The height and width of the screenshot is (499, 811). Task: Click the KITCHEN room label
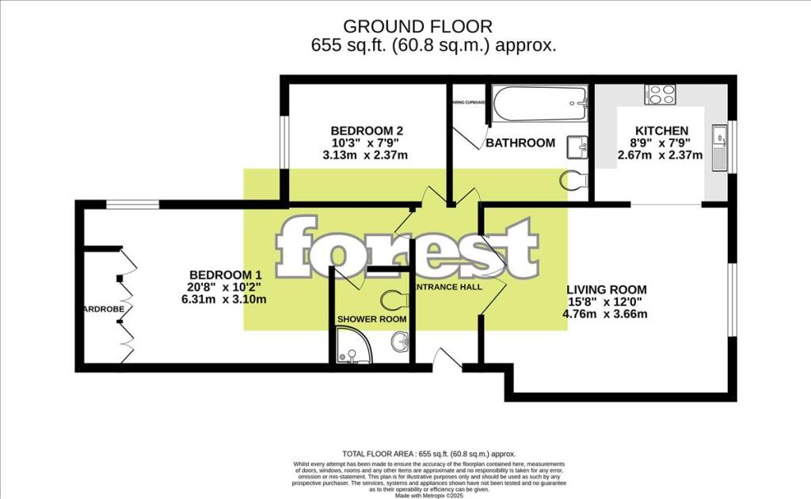coord(661,131)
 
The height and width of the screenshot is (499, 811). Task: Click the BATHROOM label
coord(520,143)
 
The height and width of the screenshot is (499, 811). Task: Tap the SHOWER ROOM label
coord(371,319)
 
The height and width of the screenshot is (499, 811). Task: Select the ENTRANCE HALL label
coord(448,287)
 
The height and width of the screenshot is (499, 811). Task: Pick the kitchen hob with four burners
coord(661,94)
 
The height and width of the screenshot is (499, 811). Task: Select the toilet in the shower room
coord(394,299)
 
